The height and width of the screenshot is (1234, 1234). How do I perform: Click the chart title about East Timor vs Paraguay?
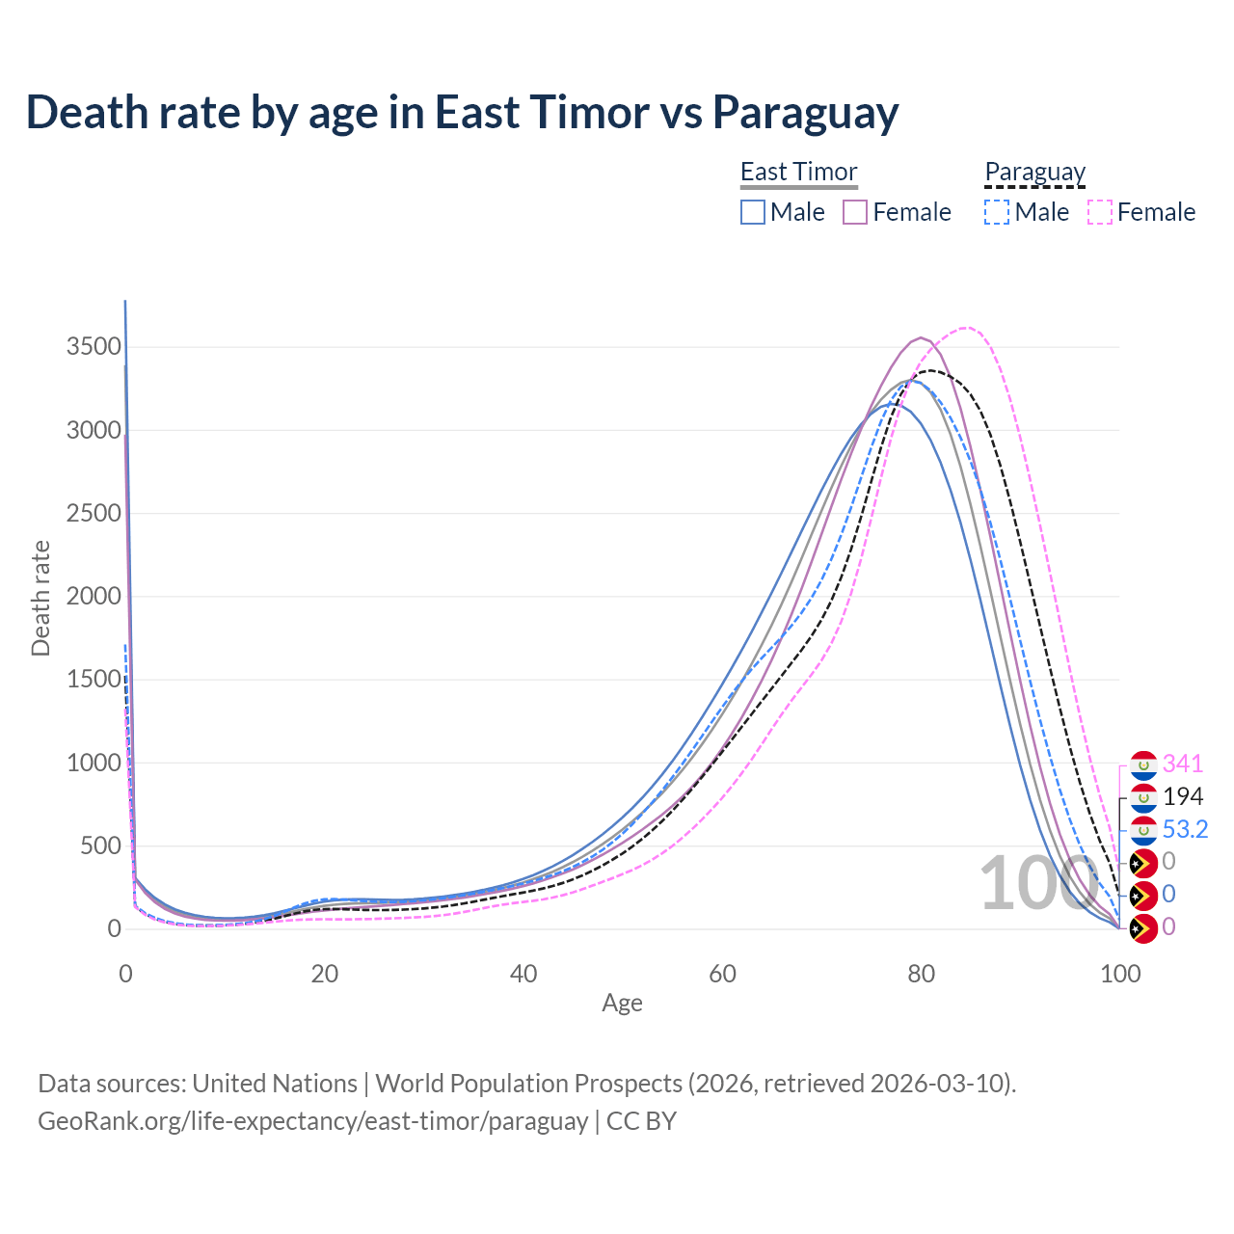[462, 112]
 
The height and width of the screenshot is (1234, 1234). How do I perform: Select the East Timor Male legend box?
[753, 212]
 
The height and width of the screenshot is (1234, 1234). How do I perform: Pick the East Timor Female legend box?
[856, 212]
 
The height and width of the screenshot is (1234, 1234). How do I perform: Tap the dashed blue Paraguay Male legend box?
[997, 212]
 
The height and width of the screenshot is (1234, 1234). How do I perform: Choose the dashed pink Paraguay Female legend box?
[1100, 212]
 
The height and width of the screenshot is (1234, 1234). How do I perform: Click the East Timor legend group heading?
[798, 172]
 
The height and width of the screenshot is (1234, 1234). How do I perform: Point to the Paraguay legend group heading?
[1034, 172]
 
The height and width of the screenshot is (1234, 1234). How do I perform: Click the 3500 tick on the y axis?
[94, 347]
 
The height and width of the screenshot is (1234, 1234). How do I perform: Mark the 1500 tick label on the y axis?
[94, 680]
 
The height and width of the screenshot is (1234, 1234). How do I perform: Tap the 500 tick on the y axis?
[100, 845]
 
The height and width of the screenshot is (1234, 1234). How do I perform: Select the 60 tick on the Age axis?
[722, 974]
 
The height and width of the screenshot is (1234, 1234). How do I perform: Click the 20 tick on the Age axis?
[324, 974]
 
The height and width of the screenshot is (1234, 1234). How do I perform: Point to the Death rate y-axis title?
[40, 598]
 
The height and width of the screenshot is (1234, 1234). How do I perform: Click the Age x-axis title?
[622, 1004]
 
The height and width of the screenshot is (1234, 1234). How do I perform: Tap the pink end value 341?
[1183, 765]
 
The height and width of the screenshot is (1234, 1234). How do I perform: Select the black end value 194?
[1183, 797]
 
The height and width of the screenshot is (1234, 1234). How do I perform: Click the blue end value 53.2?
[1185, 829]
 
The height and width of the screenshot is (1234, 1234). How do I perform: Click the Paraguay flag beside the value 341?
[1142, 765]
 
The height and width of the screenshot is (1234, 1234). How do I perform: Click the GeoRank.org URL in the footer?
[312, 1121]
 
